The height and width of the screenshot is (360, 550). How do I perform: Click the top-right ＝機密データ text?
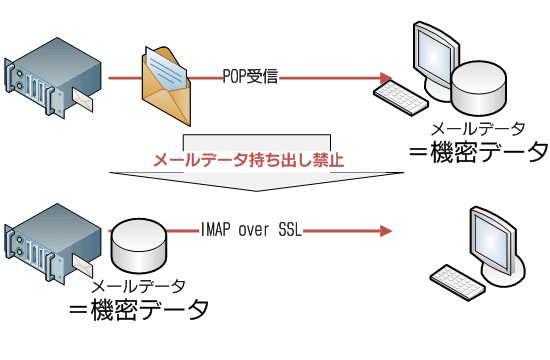(x=476, y=152)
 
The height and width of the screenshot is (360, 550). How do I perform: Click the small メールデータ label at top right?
(x=477, y=129)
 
